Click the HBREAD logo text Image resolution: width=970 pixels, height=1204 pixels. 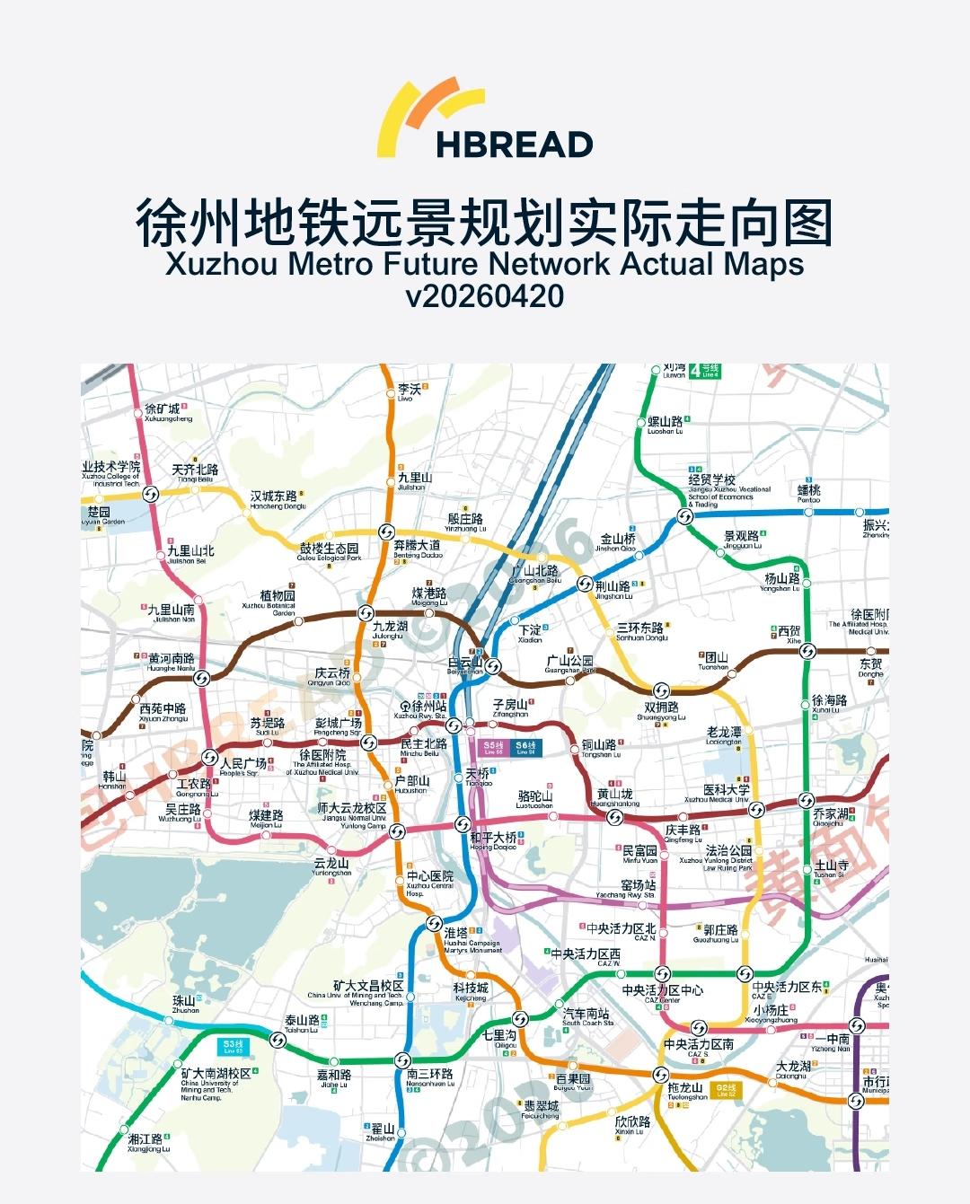click(514, 144)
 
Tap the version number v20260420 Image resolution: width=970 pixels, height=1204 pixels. click(485, 295)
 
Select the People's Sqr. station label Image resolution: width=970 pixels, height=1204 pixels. click(243, 765)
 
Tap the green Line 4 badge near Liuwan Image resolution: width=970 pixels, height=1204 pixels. click(710, 370)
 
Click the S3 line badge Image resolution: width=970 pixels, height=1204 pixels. click(234, 1045)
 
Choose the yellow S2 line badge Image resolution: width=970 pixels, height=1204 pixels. click(726, 1090)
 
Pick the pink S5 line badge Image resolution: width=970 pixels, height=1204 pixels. click(494, 747)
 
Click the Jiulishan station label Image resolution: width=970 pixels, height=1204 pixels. click(414, 479)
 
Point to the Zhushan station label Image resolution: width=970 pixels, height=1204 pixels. click(185, 1002)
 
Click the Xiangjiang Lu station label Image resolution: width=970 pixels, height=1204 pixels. click(147, 1141)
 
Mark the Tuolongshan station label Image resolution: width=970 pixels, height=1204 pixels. click(687, 1089)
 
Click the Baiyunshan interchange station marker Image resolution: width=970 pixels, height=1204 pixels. click(492, 665)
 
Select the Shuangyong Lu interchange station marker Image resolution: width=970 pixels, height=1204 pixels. click(661, 690)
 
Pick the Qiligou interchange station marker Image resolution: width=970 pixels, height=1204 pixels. click(520, 1019)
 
